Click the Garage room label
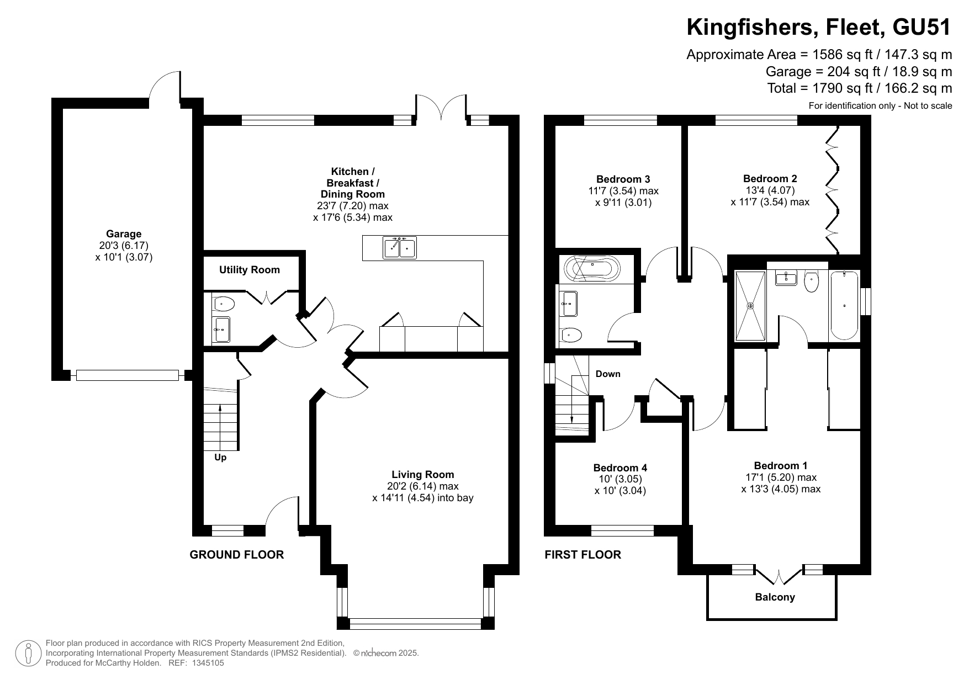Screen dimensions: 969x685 (124, 234)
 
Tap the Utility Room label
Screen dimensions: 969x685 (250, 270)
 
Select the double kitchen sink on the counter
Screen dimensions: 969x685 (400, 247)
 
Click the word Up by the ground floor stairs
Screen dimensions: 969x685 (220, 458)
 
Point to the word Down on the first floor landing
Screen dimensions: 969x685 (608, 374)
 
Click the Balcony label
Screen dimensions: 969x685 (775, 597)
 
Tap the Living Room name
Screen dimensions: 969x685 (423, 475)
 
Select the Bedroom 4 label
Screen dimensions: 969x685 (620, 468)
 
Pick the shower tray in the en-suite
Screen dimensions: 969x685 (750, 306)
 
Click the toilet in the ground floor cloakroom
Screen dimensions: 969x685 (224, 304)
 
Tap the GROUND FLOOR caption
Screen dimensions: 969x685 (237, 555)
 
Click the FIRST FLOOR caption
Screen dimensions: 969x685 (583, 555)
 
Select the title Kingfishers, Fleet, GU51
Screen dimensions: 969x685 (819, 27)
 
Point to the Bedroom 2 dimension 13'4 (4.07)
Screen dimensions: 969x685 (770, 190)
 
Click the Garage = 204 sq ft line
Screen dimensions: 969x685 (859, 72)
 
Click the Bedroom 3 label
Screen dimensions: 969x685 (623, 179)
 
